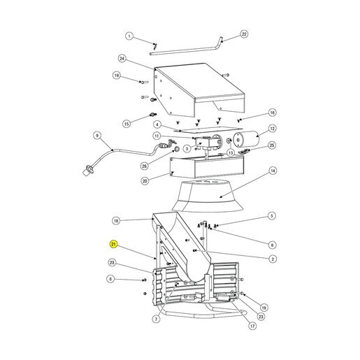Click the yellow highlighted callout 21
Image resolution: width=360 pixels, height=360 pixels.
113,245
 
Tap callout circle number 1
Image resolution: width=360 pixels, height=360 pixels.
129,36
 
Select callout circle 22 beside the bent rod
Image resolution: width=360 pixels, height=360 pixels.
244,34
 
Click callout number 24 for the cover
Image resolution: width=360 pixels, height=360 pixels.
122,59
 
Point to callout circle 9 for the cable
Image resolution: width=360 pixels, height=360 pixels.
97,136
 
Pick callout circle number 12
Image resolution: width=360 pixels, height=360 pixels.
272,129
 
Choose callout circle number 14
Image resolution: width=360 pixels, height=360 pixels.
273,171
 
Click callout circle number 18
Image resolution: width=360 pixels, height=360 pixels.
116,221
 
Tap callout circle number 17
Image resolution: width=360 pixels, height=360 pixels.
252,326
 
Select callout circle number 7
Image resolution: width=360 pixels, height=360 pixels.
156,319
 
